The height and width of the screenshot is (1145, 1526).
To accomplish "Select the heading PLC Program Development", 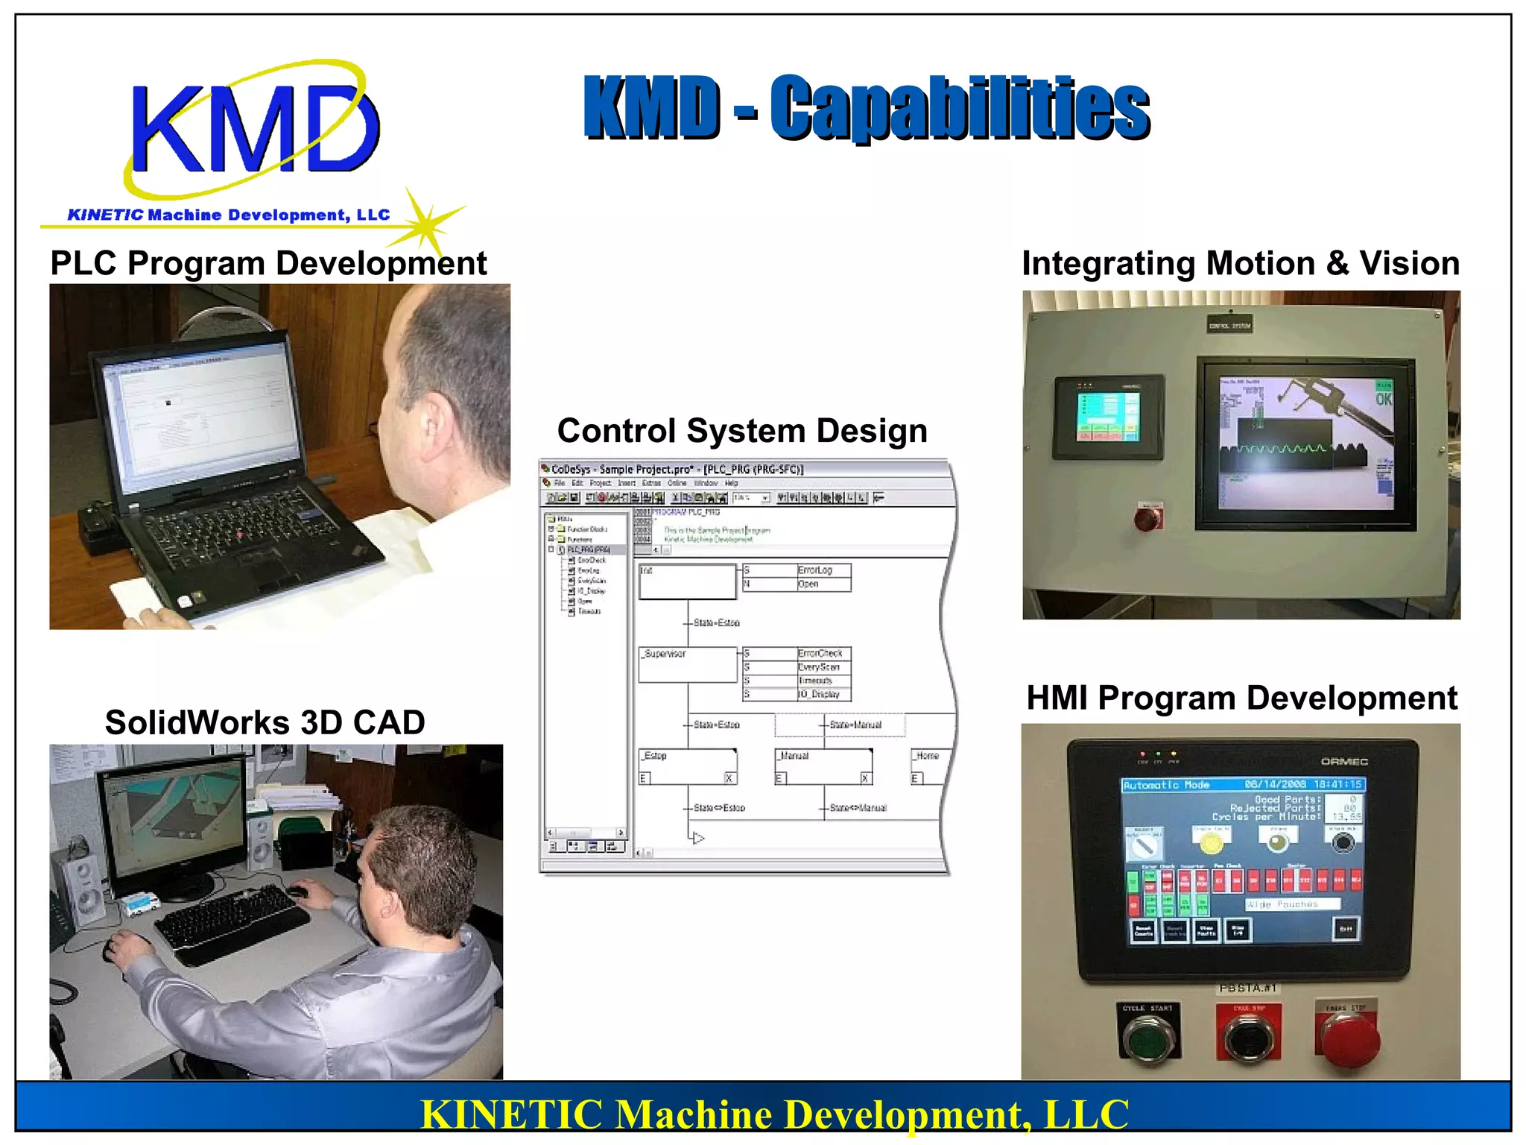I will click(268, 264).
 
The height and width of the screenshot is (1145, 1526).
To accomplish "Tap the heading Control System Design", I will click(742, 431).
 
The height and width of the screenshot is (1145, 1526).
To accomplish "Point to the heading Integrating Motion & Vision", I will click(1241, 264).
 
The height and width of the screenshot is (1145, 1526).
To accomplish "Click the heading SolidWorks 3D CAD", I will click(265, 722).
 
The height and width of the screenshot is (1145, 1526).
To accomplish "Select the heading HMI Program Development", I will click(1241, 698).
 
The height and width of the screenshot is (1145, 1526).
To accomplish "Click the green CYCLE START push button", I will click(1147, 1038).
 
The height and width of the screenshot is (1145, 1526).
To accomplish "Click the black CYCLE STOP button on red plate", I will click(1249, 1038).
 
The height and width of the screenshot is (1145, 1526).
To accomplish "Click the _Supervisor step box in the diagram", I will click(687, 664).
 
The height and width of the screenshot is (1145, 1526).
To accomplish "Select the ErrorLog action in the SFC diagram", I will click(815, 570).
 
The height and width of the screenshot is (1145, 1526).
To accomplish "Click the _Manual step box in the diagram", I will click(823, 766).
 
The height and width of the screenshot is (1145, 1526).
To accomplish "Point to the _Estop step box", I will click(687, 766).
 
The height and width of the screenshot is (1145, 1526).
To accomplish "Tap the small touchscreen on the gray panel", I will click(1107, 416).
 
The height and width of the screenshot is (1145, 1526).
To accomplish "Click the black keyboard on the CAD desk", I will click(231, 923).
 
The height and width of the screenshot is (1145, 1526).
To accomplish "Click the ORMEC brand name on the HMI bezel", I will click(1344, 761).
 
